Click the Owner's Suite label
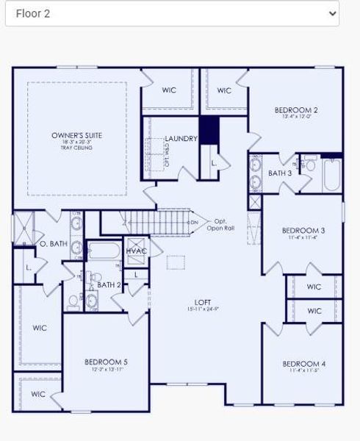click(x=76, y=135)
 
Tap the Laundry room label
click(x=181, y=138)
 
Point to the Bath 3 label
click(x=279, y=173)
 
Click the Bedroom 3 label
click(x=303, y=230)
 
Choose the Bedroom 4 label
click(x=303, y=364)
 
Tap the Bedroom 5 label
click(x=106, y=362)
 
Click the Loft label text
click(x=203, y=302)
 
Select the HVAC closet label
click(x=137, y=251)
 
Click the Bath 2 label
click(x=109, y=284)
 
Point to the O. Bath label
click(x=54, y=243)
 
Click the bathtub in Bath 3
click(x=331, y=174)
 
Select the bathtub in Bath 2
click(x=104, y=252)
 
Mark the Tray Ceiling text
click(x=76, y=148)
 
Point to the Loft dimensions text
click(x=203, y=309)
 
